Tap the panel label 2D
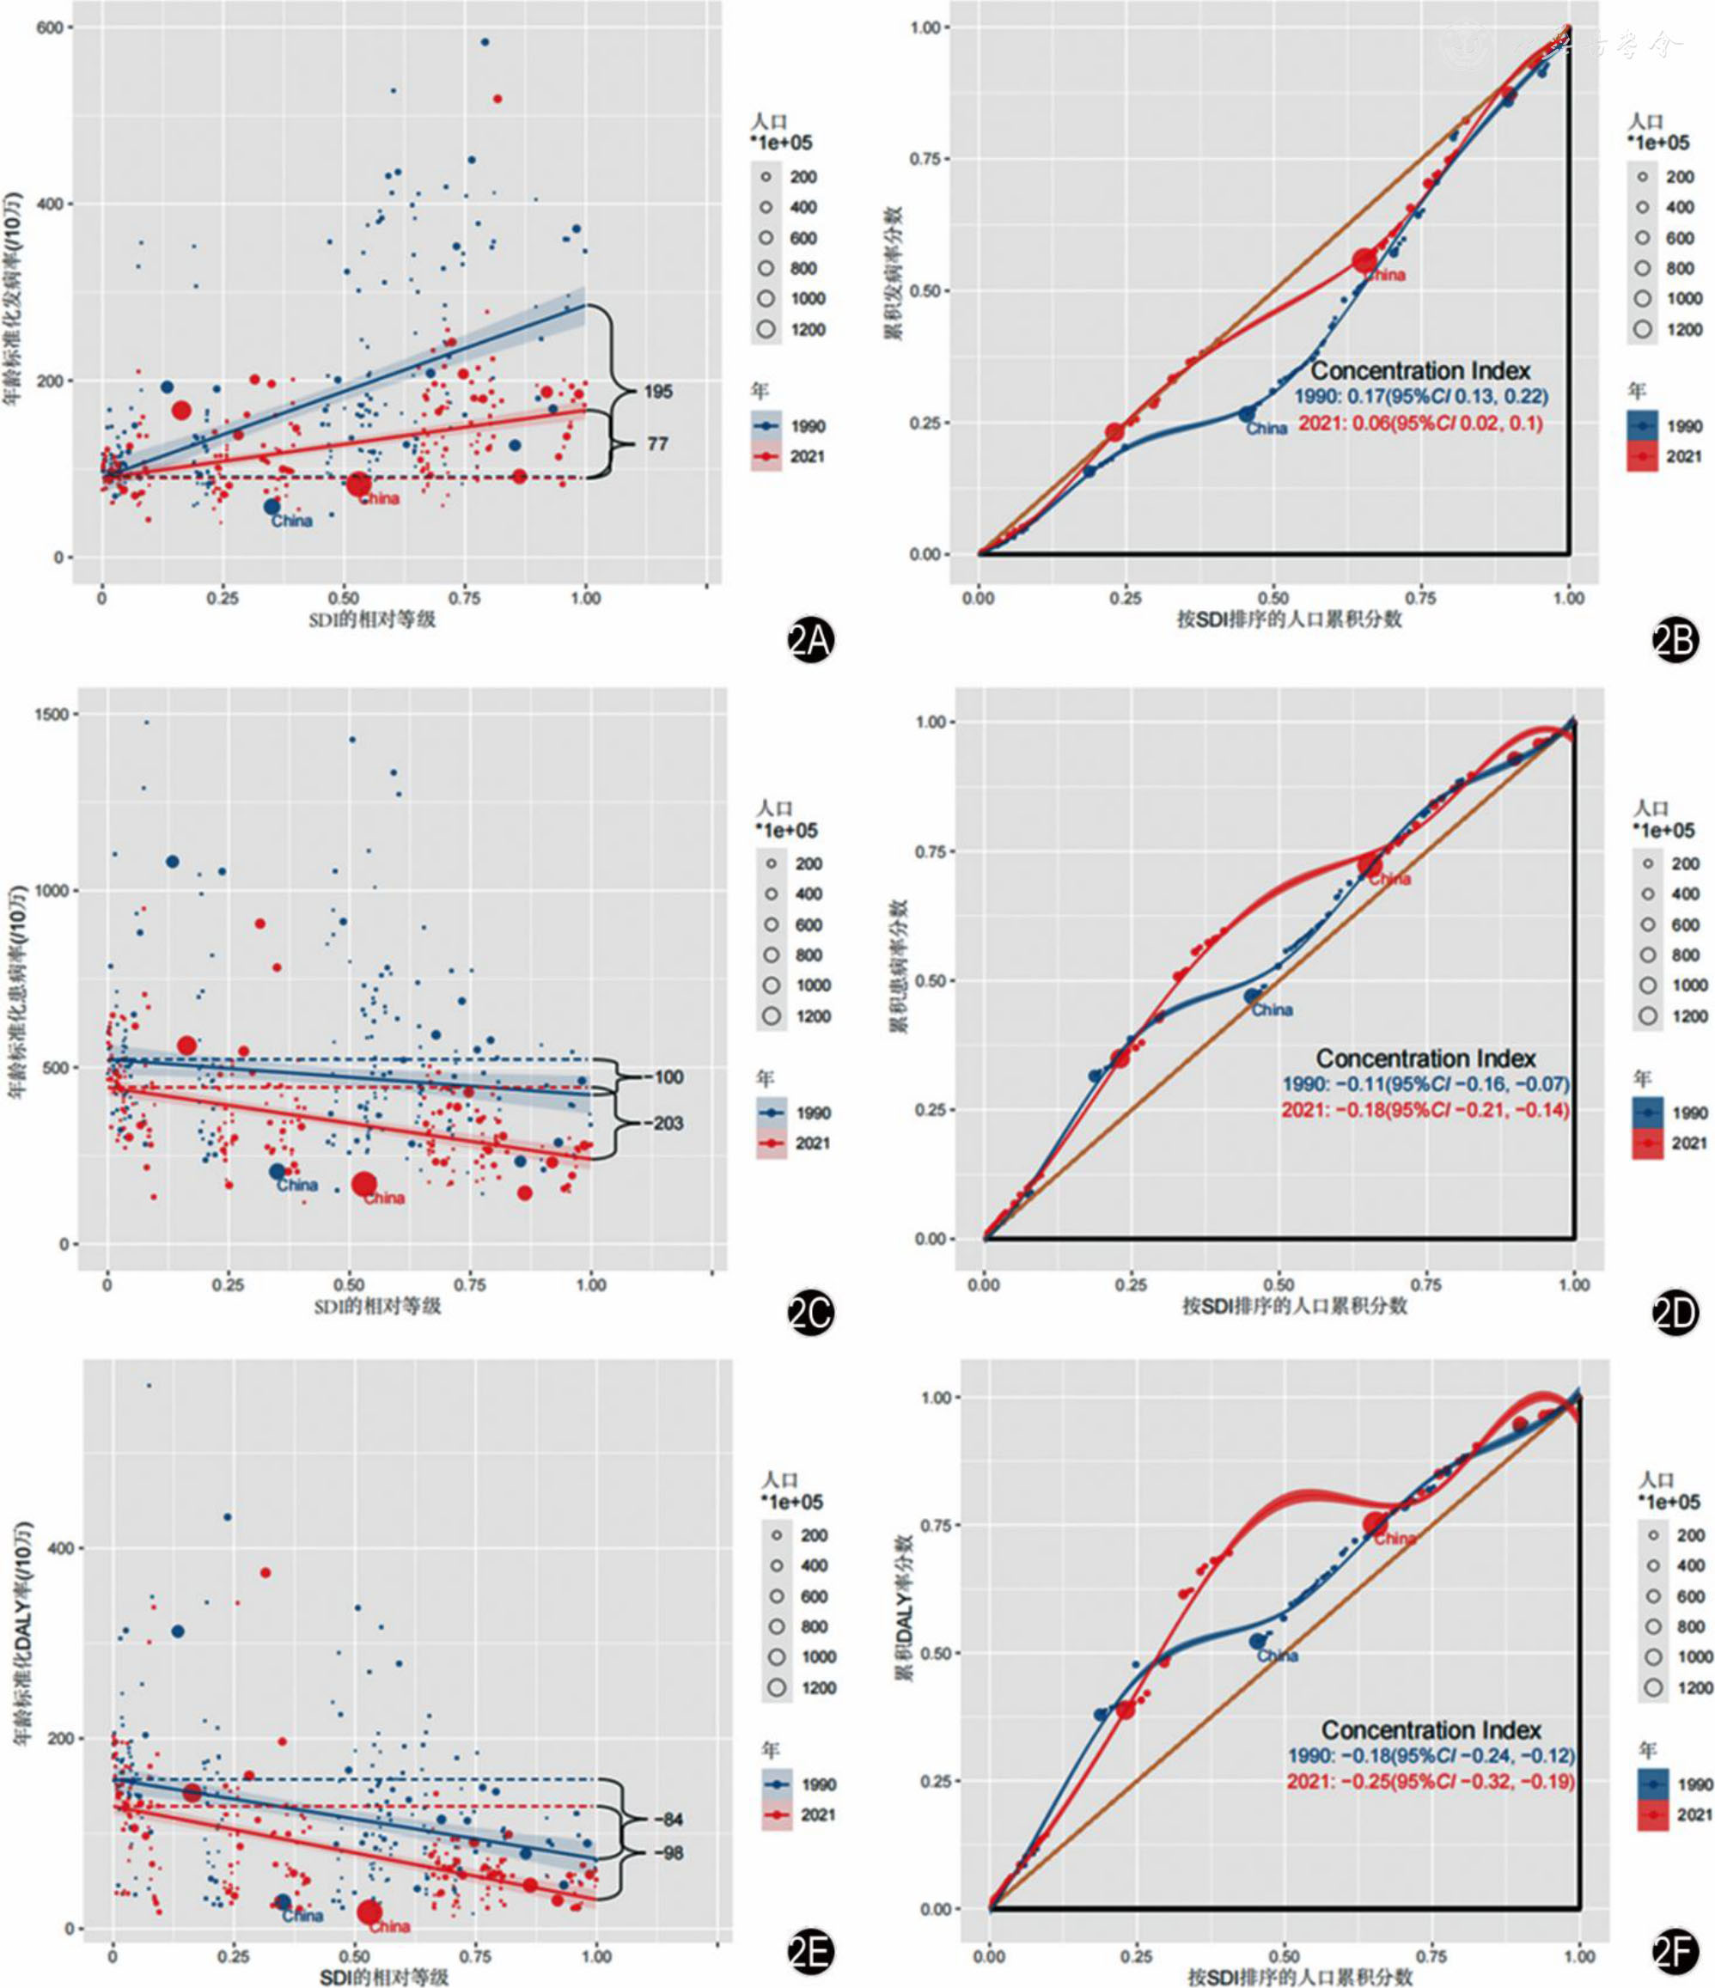(1675, 1314)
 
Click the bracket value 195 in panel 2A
(658, 392)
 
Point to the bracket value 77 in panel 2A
(657, 443)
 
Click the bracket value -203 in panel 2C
(667, 1123)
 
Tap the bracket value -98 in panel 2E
(672, 1853)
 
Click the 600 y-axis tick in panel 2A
(50, 27)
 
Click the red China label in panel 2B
(1384, 276)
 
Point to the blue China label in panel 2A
(292, 521)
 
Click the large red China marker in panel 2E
(369, 1912)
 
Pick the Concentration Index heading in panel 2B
(1420, 370)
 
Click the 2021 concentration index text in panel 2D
(1425, 1110)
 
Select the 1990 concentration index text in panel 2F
(1431, 1756)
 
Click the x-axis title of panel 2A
(371, 619)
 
